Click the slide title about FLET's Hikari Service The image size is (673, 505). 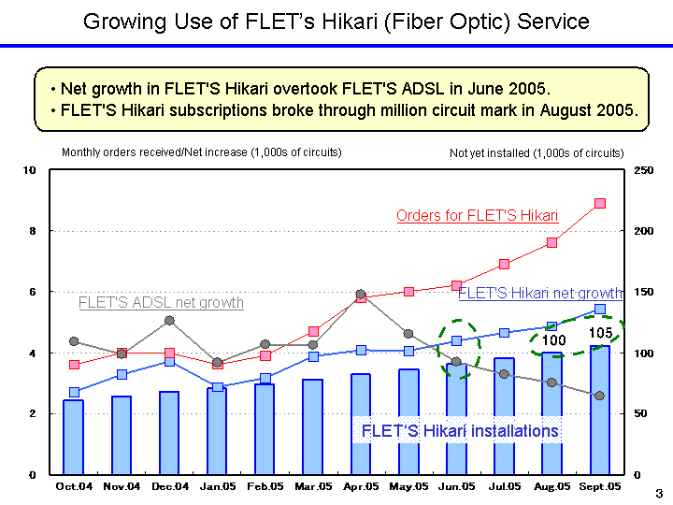coord(336,22)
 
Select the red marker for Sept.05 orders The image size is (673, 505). coord(600,203)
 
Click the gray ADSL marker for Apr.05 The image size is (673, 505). coord(361,295)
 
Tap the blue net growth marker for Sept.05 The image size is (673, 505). coord(600,309)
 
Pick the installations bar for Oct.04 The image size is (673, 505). coord(74,437)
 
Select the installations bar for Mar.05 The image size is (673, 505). coord(313,426)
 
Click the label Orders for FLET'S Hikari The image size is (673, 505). coord(477,216)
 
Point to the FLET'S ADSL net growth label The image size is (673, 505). coord(161,303)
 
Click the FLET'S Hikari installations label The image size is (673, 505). coord(460,431)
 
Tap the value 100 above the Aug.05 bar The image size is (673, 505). coord(554,340)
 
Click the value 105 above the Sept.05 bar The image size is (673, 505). coord(600,333)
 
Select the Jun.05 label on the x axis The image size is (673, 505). coord(457,486)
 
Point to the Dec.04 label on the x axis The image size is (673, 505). coord(170,486)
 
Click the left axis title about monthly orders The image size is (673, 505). coord(201,152)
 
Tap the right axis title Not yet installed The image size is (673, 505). coord(536,152)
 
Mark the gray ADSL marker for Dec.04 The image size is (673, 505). coord(169,321)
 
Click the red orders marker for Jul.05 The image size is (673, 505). coord(505,265)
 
